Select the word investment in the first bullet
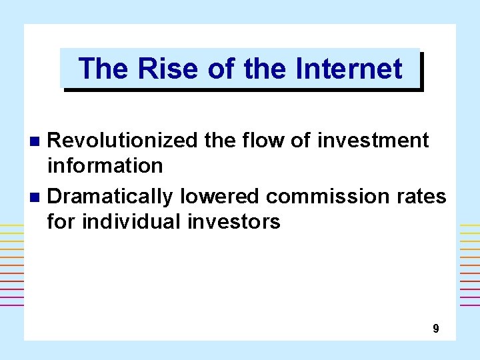(x=374, y=140)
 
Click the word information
(x=105, y=165)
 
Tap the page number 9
(x=435, y=328)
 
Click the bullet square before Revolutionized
(x=37, y=141)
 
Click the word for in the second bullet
(x=61, y=221)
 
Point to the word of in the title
(x=221, y=69)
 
